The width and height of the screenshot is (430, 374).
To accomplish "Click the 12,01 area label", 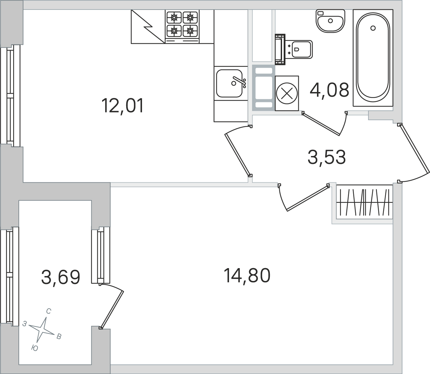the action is [123, 106].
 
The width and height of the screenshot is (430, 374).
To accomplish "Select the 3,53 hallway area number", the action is [327, 157].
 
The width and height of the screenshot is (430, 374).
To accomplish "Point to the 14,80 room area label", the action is [247, 276].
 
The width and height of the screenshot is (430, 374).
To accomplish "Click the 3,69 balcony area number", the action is [61, 277].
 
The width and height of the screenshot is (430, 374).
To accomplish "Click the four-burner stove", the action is [182, 27].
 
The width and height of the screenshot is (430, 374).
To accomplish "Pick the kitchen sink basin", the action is [229, 83].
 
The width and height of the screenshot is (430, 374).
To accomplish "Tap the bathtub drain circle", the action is [373, 28].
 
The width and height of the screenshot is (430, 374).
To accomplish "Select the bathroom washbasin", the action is [330, 21].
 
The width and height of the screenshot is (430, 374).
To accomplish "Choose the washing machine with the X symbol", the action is [287, 93].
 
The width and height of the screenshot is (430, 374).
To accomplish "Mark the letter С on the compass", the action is [48, 311].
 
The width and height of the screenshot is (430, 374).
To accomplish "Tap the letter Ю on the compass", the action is [35, 348].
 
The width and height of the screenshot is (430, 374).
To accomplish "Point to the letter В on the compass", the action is [59, 336].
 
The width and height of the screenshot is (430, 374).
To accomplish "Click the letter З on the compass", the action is [25, 324].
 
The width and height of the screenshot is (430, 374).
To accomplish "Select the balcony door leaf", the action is [112, 309].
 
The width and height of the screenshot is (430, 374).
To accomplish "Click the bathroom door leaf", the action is [321, 124].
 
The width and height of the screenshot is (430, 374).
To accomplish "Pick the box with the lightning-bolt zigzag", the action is [148, 27].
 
